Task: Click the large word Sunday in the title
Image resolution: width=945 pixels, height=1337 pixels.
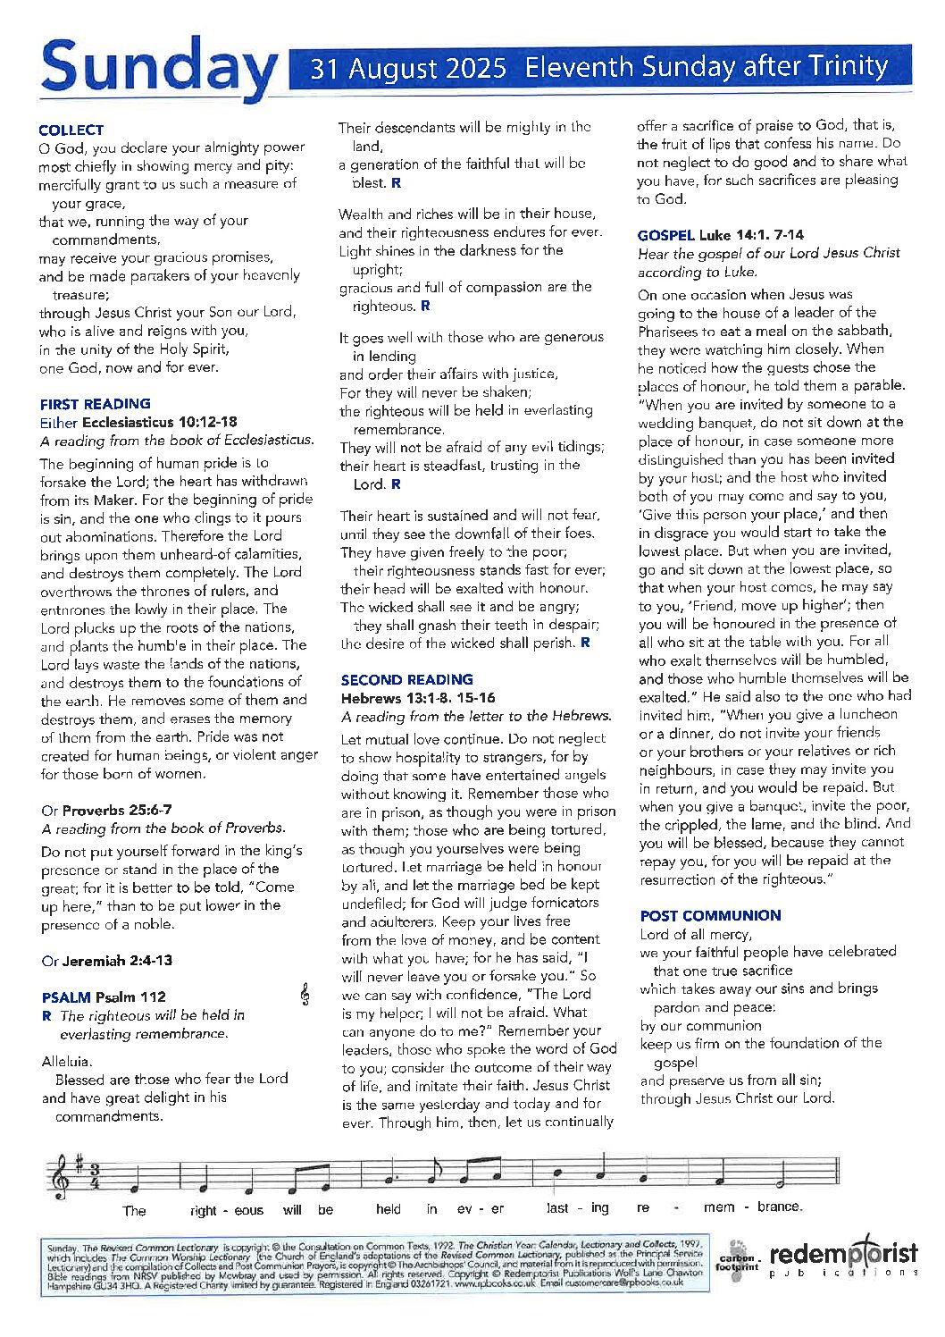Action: [x=159, y=70]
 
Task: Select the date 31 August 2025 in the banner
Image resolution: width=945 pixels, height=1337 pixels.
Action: [x=408, y=69]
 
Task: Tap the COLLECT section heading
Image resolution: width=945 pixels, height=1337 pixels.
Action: [x=71, y=130]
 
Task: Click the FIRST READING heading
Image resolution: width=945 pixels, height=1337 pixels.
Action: [x=96, y=404]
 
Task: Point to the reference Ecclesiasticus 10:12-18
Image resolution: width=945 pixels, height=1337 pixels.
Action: [x=160, y=422]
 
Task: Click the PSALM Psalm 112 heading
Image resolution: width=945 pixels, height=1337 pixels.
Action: [x=104, y=997]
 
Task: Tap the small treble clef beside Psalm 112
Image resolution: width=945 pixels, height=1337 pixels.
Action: [x=305, y=995]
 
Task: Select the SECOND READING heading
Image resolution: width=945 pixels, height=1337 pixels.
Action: [x=406, y=680]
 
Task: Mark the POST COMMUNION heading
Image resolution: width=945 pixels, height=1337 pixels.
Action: [x=710, y=916]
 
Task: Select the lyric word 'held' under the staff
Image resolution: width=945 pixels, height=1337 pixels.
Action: [x=389, y=1209]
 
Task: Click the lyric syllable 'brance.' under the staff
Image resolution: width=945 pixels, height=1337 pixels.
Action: [x=779, y=1207]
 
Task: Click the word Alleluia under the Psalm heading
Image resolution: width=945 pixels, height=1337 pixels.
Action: [x=66, y=1062]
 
